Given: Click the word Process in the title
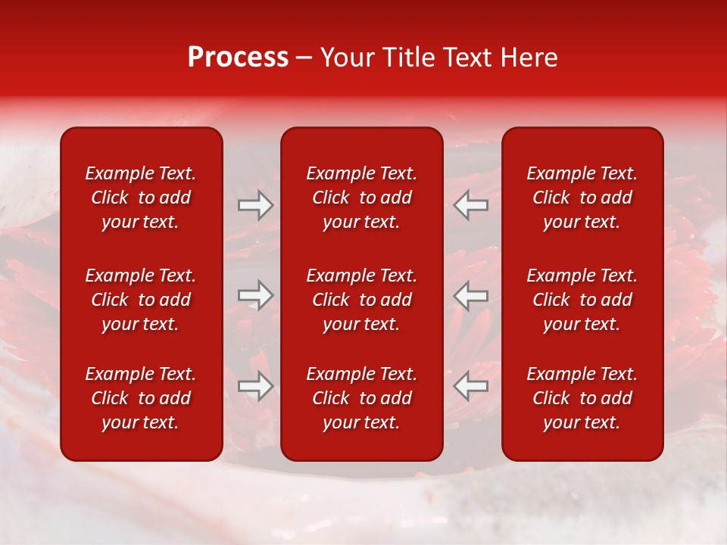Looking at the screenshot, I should (238, 58).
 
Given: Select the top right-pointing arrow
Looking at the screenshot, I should (256, 205).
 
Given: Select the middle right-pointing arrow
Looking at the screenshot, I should (256, 295).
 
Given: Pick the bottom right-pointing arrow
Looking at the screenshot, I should (256, 386).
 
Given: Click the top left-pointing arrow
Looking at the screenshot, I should (471, 205).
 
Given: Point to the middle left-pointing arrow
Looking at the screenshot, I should (471, 295).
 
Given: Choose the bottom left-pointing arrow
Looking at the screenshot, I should (471, 386).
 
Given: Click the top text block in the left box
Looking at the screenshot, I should (141, 198).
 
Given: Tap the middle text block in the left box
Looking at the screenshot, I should (141, 300).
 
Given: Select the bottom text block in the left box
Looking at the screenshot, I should (141, 398).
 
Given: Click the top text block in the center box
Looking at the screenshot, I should (362, 198).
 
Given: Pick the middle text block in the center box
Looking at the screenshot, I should (362, 300).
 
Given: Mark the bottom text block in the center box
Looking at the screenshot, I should (362, 398).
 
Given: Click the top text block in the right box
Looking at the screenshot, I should (582, 198).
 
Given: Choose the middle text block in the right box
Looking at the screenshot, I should (582, 300).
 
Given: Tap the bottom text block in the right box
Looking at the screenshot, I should (582, 398).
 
